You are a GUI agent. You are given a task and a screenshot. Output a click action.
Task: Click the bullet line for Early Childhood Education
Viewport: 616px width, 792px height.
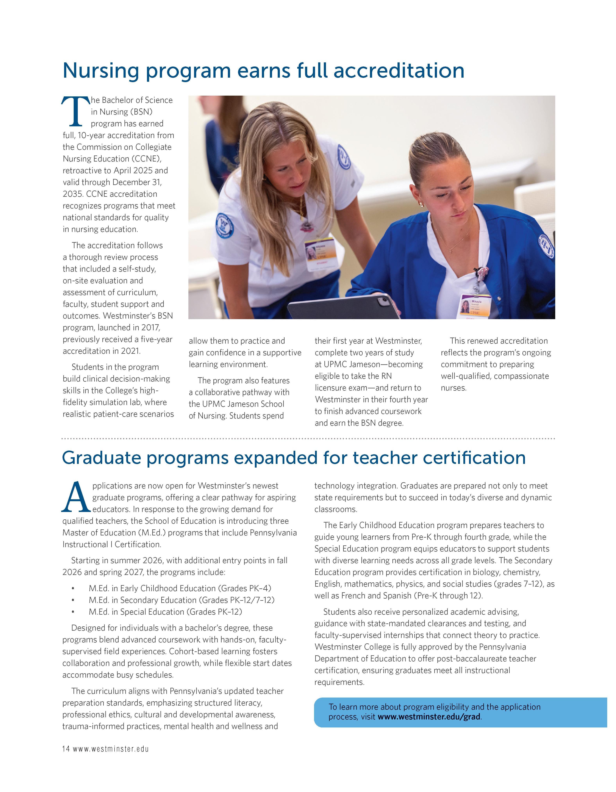click(180, 588)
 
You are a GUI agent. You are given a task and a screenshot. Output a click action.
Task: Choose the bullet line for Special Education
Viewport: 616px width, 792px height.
click(165, 612)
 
